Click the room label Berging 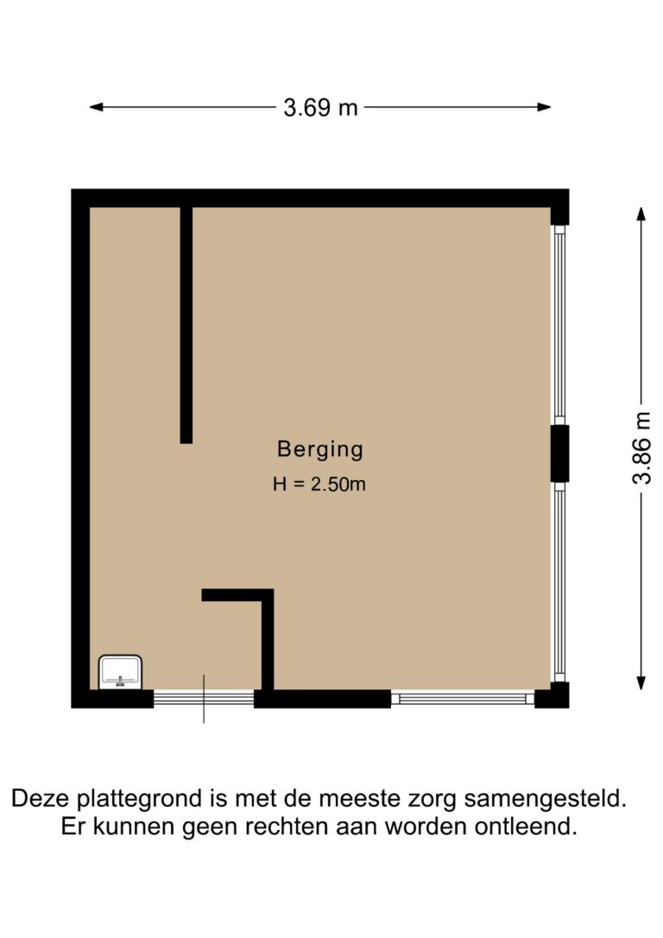(x=319, y=450)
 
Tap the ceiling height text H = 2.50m (x=319, y=484)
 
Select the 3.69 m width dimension (x=320, y=108)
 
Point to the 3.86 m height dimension (x=641, y=448)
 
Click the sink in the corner (x=121, y=672)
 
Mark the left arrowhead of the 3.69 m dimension (x=96, y=107)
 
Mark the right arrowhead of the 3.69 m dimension (x=544, y=107)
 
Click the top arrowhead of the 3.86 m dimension (x=641, y=214)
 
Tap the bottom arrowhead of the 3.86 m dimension (x=641, y=683)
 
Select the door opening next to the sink (x=204, y=698)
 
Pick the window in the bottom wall (x=463, y=698)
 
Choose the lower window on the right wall (x=559, y=581)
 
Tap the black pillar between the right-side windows (x=559, y=453)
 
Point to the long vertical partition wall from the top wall (x=186, y=325)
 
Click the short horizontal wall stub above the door (x=237, y=595)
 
